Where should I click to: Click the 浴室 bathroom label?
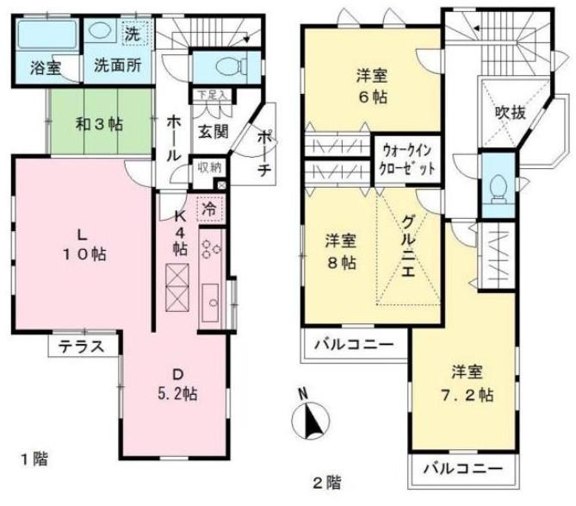pyautogui.click(x=45, y=68)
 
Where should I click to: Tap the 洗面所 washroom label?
pyautogui.click(x=118, y=66)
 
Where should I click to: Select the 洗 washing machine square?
pyautogui.click(x=135, y=33)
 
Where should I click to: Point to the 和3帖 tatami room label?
pyautogui.click(x=99, y=124)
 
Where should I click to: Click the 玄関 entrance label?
pyautogui.click(x=214, y=131)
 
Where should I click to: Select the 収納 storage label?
pyautogui.click(x=210, y=167)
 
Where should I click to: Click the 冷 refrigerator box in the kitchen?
pyautogui.click(x=210, y=209)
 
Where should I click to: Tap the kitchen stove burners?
pyautogui.click(x=210, y=248)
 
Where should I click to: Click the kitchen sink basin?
pyautogui.click(x=210, y=303)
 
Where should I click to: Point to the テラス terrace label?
pyautogui.click(x=82, y=347)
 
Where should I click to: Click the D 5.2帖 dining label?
pyautogui.click(x=178, y=384)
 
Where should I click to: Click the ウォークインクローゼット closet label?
pyautogui.click(x=407, y=160)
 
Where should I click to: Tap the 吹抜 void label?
pyautogui.click(x=511, y=112)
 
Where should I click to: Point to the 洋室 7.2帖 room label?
pyautogui.click(x=468, y=384)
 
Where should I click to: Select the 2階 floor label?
pyautogui.click(x=326, y=483)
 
